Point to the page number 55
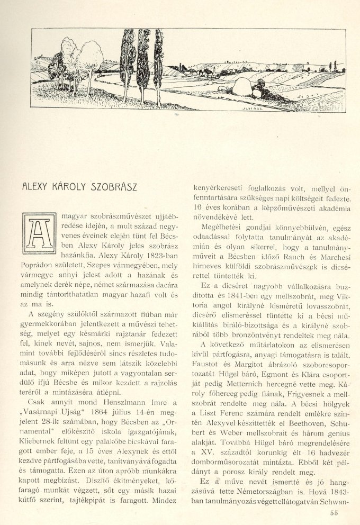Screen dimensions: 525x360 tap(333, 512)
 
